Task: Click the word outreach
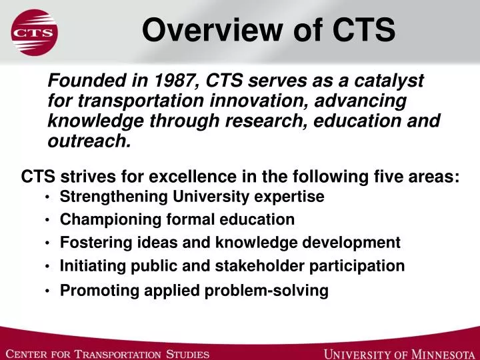88,141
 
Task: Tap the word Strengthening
114,197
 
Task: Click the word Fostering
90,242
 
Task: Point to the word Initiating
89,266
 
